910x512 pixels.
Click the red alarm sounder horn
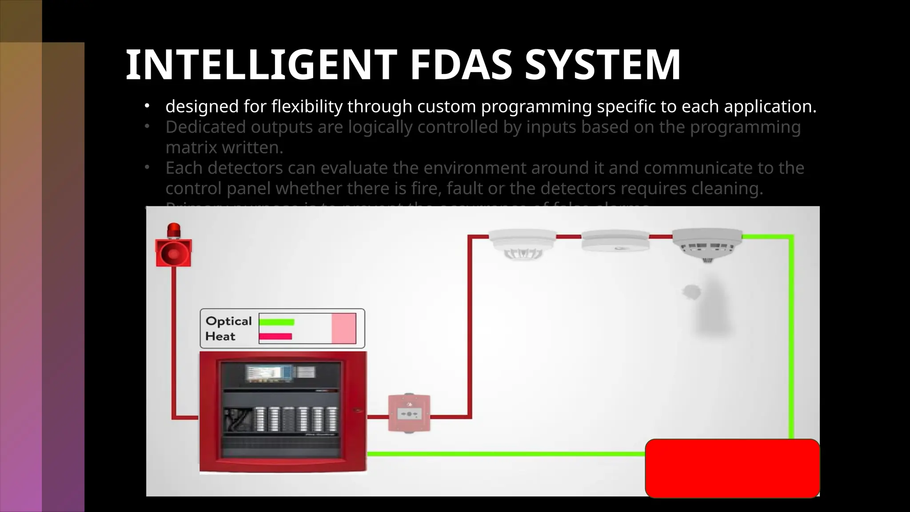tap(173, 253)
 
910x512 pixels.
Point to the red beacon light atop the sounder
tap(174, 230)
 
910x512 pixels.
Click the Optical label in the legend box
tap(228, 321)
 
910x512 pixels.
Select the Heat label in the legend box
tap(220, 336)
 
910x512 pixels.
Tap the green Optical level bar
tap(276, 322)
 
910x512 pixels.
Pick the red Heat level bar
tap(275, 336)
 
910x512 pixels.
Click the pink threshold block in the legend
tap(343, 328)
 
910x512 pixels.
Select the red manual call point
tap(409, 414)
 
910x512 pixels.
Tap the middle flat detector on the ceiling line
tap(615, 240)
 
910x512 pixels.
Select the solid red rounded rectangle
tap(732, 468)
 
